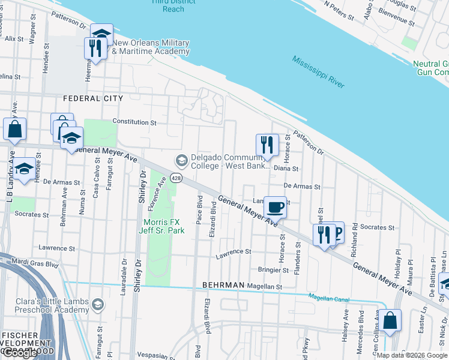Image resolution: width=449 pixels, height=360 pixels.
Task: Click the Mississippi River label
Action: point(319,72)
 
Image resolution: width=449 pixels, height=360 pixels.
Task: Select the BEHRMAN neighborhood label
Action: point(223,285)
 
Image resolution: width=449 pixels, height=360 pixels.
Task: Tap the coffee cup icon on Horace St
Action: point(275,207)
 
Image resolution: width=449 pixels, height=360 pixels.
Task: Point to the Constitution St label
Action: point(134,122)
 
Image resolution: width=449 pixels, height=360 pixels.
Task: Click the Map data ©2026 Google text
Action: point(412,355)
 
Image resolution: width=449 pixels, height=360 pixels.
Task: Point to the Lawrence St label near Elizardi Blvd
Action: point(233,252)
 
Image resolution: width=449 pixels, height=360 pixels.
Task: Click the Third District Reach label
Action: point(173,5)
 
